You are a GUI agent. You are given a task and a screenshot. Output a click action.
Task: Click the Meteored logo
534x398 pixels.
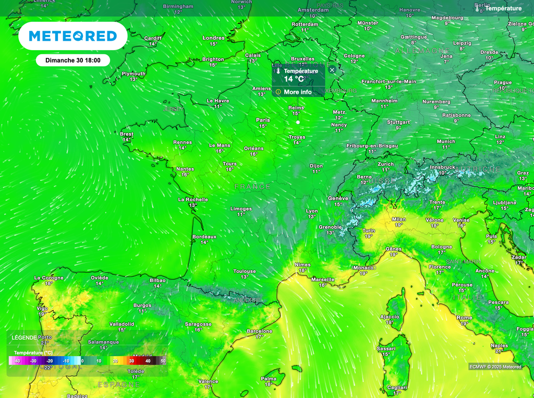[72, 36]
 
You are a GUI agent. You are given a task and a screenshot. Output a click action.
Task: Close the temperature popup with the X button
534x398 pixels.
[332, 70]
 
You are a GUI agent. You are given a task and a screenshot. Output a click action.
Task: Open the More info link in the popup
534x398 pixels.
[297, 92]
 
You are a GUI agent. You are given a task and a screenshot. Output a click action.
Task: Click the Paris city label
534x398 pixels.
[263, 120]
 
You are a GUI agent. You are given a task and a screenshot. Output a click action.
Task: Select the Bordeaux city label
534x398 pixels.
[204, 236]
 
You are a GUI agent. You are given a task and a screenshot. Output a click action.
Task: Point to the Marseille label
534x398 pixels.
[322, 280]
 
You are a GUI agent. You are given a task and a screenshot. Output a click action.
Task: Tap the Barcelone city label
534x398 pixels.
[259, 331]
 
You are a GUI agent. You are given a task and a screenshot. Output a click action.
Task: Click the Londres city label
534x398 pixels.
[213, 38]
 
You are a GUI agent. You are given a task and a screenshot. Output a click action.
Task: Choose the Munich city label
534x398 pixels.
[446, 141]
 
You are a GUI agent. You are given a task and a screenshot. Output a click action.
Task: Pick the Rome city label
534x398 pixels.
[464, 318]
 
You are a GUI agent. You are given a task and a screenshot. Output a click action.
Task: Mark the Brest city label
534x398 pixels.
[127, 134]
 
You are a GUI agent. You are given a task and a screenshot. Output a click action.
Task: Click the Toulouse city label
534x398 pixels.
[245, 271]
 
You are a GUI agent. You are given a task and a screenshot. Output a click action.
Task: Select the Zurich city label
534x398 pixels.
[386, 164]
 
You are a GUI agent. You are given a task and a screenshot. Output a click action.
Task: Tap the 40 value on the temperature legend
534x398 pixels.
[148, 360]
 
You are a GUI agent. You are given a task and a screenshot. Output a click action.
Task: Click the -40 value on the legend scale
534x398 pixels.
[17, 360]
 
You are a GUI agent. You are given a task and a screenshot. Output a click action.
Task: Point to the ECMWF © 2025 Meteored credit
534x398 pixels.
[495, 367]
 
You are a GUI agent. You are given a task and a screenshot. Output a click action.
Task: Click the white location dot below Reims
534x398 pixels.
[298, 122]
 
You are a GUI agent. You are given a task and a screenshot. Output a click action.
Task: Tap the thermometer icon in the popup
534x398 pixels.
[278, 71]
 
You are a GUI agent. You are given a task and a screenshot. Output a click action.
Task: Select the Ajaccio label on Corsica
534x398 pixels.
[390, 317]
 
